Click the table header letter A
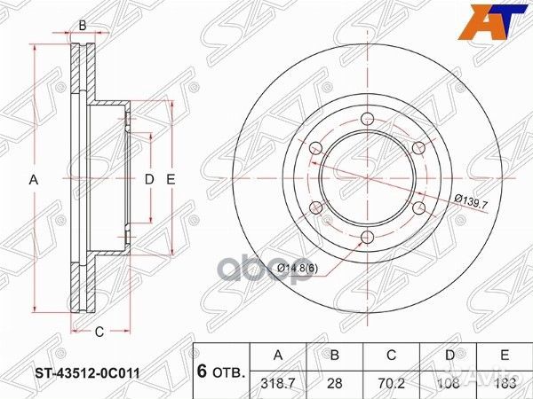[x=279, y=355]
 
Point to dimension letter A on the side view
[x=35, y=180]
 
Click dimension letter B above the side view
[x=82, y=25]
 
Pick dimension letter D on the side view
[x=149, y=180]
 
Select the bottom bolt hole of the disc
[x=365, y=237]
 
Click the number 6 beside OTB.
[x=203, y=372]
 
